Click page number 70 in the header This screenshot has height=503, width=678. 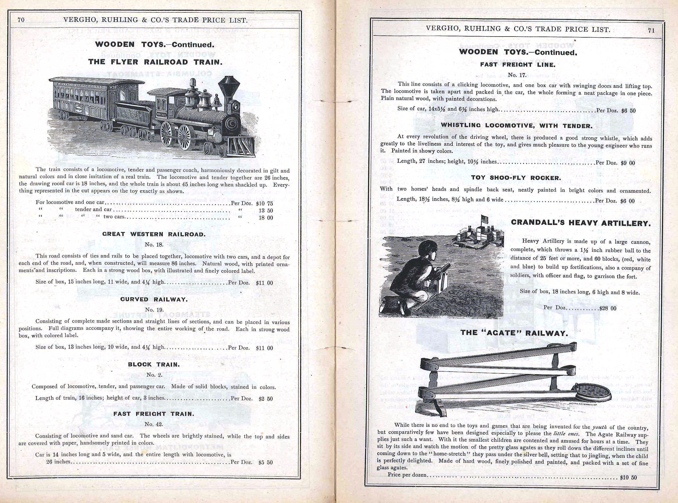point(21,20)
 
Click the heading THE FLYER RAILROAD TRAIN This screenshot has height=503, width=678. point(155,62)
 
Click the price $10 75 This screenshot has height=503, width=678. point(264,203)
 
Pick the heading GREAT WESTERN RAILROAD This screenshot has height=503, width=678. point(154,234)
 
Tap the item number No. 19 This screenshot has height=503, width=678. point(154,310)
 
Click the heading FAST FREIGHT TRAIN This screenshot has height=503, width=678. point(154,414)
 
